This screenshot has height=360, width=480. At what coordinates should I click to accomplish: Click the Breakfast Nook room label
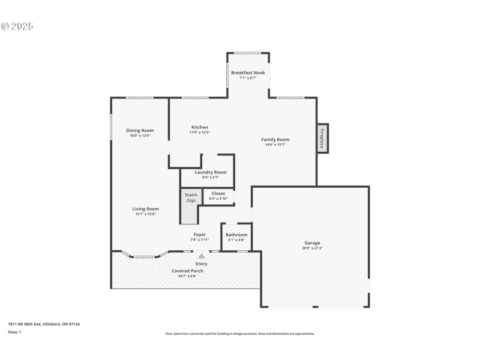coord(248,73)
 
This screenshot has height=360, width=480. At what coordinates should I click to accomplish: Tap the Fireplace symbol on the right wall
coord(322,139)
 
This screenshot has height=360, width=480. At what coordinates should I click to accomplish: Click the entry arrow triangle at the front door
coord(201,256)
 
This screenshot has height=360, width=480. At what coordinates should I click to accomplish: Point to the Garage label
coord(312,243)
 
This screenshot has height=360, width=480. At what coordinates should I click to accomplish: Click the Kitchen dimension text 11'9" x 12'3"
coord(199,133)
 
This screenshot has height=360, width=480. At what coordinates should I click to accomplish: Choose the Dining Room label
coord(140,130)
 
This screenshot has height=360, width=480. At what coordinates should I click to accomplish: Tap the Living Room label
coord(145,209)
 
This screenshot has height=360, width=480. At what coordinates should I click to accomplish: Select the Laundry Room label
coord(206,172)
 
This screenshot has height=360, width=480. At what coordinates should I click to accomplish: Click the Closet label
coord(218,193)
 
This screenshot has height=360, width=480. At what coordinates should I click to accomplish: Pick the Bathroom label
coord(236,235)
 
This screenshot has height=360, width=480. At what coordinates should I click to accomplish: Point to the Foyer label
coord(199,235)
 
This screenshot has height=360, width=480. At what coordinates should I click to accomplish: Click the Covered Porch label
coord(187,271)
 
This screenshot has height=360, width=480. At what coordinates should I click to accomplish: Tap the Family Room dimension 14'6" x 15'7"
coord(275,145)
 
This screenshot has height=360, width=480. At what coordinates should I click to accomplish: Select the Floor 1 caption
coord(14,332)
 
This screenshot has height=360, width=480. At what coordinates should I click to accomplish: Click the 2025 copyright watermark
coord(17,26)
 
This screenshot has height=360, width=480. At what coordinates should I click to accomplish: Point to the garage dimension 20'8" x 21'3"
coord(312,248)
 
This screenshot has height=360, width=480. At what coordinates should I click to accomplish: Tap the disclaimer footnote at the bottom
coord(239,334)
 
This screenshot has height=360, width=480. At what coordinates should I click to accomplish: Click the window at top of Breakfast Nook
coord(247,53)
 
